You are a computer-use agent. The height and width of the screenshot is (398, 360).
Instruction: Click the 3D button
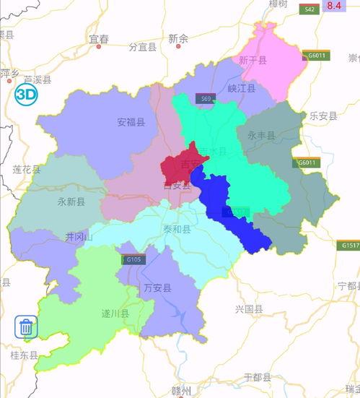(26, 94)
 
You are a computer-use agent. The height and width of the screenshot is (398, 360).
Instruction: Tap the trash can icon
(26, 327)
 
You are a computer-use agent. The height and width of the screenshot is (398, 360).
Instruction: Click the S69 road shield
(207, 98)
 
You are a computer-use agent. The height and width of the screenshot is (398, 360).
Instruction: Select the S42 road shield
(309, 9)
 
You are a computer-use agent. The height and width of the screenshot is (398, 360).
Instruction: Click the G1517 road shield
(350, 246)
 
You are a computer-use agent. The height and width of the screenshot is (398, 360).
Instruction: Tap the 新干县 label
(253, 61)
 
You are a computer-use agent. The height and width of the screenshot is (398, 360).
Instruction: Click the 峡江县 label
(242, 88)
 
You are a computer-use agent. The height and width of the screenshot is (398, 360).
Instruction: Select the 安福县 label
(131, 122)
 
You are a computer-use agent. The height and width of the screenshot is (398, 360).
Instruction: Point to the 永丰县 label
(261, 135)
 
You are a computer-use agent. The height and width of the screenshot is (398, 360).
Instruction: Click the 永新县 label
(71, 202)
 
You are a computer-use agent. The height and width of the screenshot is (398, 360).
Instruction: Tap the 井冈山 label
(79, 237)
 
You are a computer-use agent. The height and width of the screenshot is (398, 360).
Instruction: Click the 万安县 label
(157, 288)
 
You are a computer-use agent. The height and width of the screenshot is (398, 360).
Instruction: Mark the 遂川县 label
(115, 313)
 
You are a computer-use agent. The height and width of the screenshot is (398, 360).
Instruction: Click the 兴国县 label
(249, 308)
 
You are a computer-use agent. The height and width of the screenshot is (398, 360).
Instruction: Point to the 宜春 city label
(98, 38)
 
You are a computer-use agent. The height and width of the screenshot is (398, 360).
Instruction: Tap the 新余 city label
(177, 38)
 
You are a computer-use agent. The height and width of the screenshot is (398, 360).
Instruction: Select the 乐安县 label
(323, 116)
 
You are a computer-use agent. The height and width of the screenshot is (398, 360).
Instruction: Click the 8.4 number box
(334, 6)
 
